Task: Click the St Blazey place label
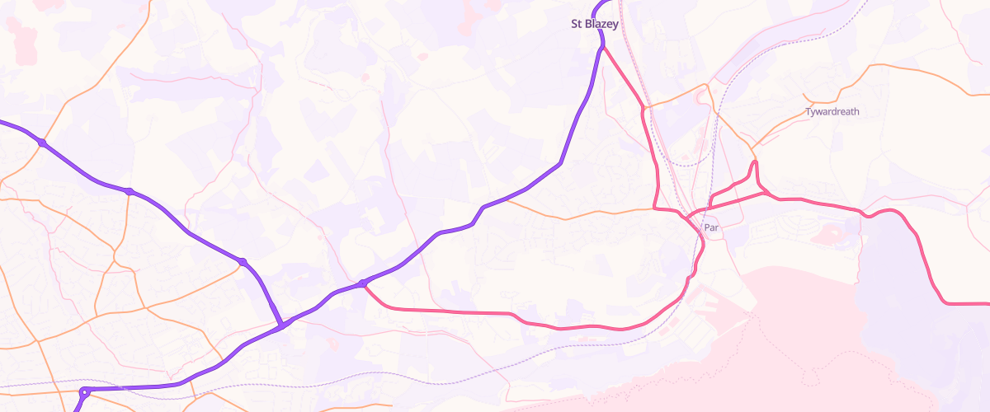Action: [595, 24]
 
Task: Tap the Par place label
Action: [711, 227]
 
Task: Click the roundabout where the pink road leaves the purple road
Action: [362, 284]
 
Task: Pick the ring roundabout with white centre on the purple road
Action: [84, 392]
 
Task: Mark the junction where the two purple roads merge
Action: [282, 326]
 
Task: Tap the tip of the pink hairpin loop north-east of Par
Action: [755, 164]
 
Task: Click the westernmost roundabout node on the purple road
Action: [42, 143]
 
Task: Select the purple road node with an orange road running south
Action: [129, 192]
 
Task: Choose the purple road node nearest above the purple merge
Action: [243, 262]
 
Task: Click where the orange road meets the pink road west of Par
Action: [656, 208]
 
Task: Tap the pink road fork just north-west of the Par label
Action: [687, 218]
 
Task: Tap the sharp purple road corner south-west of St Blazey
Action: [561, 163]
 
